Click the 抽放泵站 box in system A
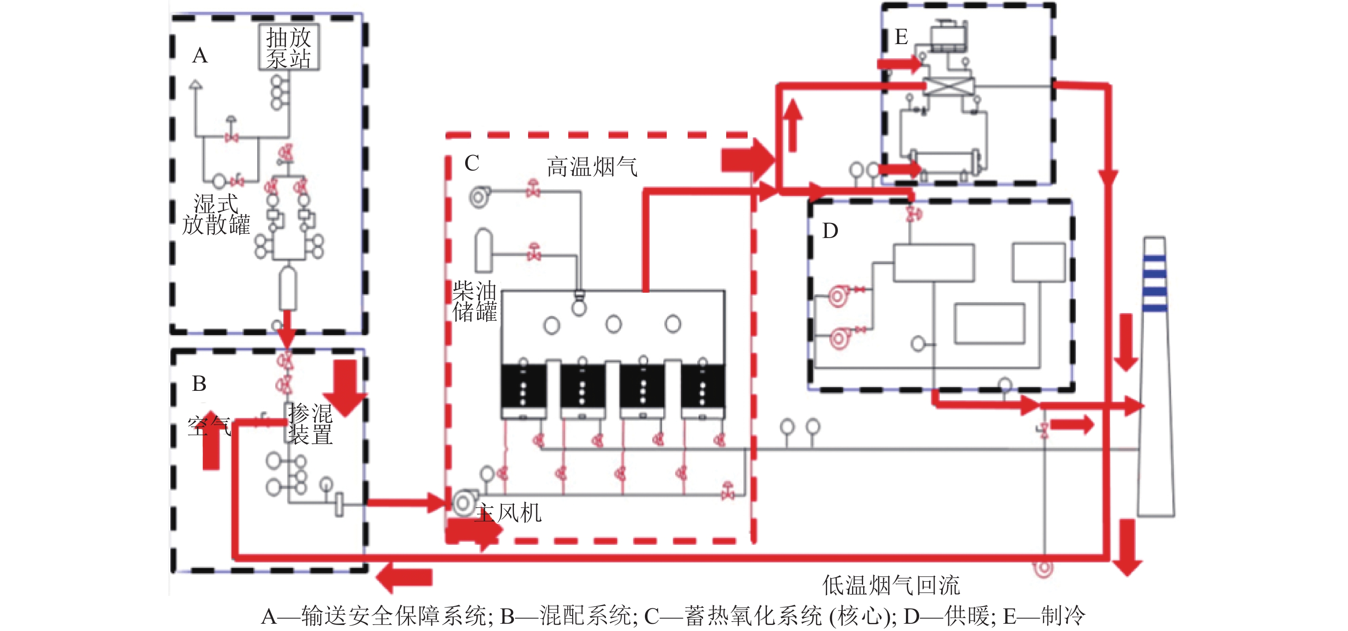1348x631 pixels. point(289,48)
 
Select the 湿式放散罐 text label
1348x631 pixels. point(216,215)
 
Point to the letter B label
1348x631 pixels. point(199,384)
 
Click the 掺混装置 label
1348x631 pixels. point(310,424)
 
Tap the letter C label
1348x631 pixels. point(472,164)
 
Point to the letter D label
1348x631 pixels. point(830,231)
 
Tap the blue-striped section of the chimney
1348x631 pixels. point(1155,283)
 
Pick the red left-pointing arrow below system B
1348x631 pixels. point(404,577)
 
